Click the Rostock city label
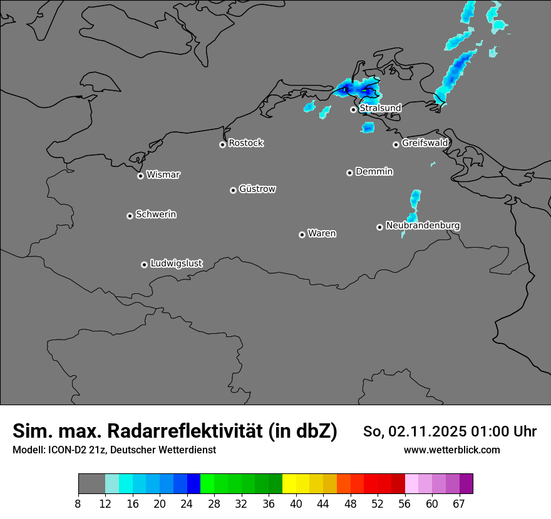click(245, 143)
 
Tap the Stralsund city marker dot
click(353, 109)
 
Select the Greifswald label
click(425, 143)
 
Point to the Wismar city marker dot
click(140, 176)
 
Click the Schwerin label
click(156, 214)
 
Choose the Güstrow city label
click(257, 189)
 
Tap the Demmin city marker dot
click(349, 173)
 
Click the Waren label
click(322, 234)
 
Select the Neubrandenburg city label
click(423, 226)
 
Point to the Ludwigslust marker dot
click(144, 265)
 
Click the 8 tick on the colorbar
click(78, 503)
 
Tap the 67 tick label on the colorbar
click(459, 503)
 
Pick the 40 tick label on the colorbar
click(296, 503)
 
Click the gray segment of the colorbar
click(91, 484)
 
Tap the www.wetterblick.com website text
click(451, 450)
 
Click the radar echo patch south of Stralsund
click(368, 128)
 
